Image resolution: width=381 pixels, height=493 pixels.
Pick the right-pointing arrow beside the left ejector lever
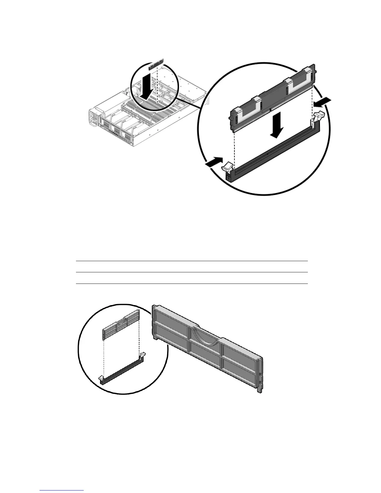pyautogui.click(x=214, y=162)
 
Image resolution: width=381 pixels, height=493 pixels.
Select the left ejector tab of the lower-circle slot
pyautogui.click(x=101, y=378)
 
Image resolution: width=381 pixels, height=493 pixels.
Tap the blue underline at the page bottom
pyautogui.click(x=62, y=491)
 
